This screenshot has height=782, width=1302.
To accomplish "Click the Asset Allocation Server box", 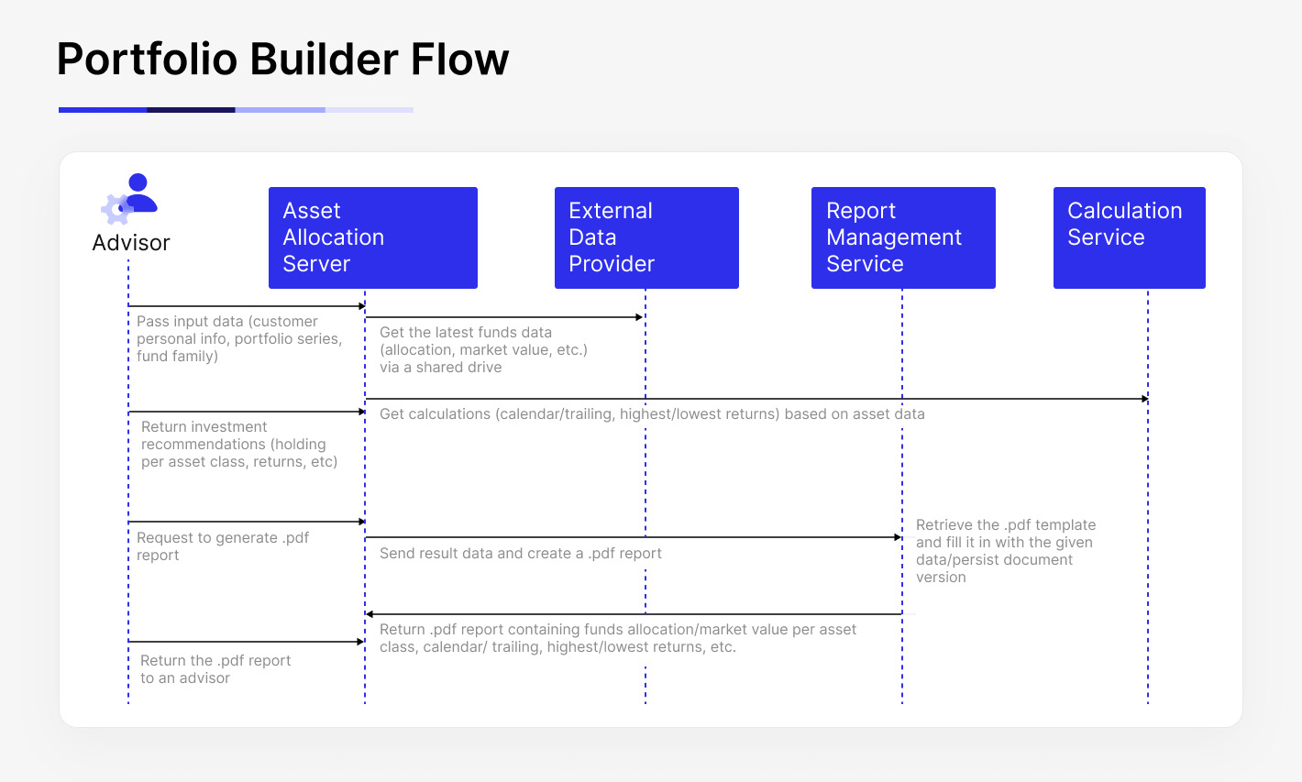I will pos(372,237).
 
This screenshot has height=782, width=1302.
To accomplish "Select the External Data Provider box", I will pos(645,237).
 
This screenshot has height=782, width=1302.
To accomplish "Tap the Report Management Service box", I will pos(902,237).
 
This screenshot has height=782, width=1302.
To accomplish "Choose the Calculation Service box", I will pos(1129,237).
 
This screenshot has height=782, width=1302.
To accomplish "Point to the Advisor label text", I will pos(131,243).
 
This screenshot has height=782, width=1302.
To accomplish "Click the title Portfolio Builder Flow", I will pos(282,60).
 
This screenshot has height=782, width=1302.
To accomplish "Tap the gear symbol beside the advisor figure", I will pos(116,209).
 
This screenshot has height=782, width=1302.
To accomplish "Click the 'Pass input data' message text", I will pos(238,338).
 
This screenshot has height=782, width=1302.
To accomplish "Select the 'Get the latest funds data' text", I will pos(483,349).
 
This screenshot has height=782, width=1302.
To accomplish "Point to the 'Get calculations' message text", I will pos(651,414).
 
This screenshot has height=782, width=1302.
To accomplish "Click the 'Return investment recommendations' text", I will pos(238,444).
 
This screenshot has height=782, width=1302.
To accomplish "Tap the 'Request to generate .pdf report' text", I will pos(223,546).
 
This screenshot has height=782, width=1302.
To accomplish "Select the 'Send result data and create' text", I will pos(520,554).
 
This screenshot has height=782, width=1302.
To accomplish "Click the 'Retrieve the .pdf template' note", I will pos(1005,551).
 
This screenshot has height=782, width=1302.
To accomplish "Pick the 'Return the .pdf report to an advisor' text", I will pos(215,669).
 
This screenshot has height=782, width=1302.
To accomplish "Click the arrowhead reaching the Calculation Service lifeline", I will pos(1144,399).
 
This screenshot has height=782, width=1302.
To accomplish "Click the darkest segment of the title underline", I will pos(191,110).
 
